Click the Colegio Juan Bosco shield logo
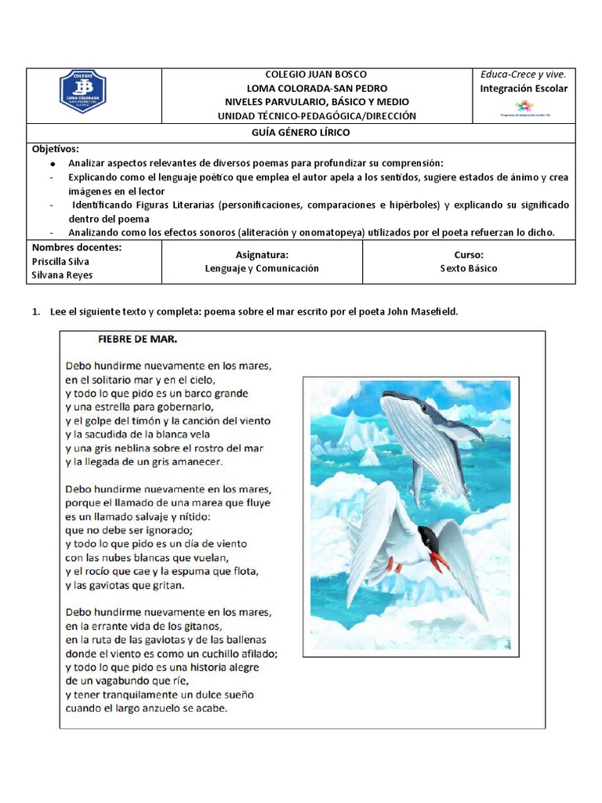pyautogui.click(x=83, y=93)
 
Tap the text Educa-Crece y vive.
pyautogui.click(x=523, y=74)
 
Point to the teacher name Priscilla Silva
pyautogui.click(x=60, y=261)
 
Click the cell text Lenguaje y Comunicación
pyautogui.click(x=262, y=268)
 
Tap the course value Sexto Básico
pyautogui.click(x=468, y=268)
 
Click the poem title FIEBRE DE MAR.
pyautogui.click(x=137, y=341)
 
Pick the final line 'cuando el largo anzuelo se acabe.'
pyautogui.click(x=147, y=709)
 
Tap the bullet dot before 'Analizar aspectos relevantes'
pyautogui.click(x=53, y=164)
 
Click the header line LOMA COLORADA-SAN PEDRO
pyautogui.click(x=317, y=88)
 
